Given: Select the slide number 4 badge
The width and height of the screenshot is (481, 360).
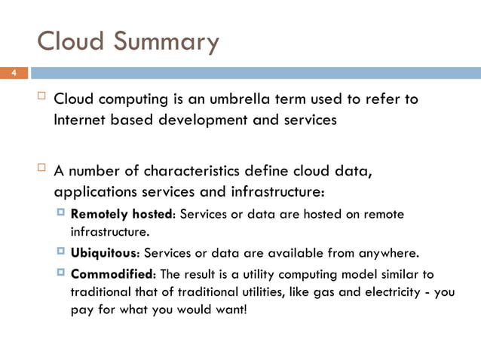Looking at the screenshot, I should [x=13, y=73].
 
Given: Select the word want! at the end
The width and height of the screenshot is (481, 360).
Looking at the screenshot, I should [x=229, y=309].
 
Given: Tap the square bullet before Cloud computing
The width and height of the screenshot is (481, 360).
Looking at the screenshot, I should [x=42, y=97].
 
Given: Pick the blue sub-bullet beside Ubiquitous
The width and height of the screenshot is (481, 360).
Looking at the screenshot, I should [x=61, y=250].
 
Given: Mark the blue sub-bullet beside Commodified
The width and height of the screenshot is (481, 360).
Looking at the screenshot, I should [x=61, y=271].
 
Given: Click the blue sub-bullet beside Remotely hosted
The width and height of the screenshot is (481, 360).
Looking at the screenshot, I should [x=61, y=214].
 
